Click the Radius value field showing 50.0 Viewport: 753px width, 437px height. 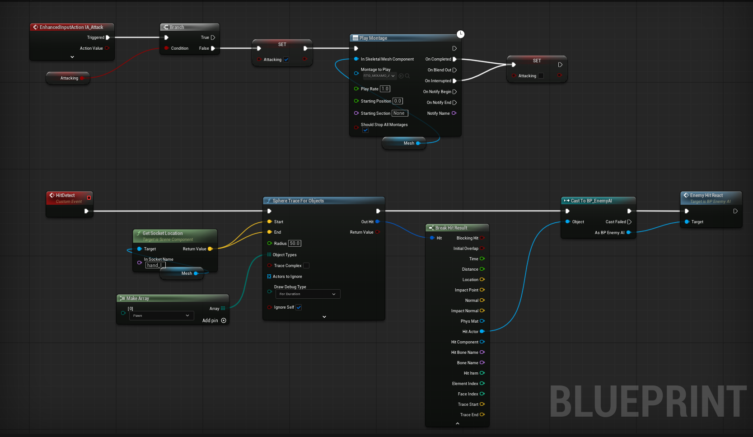(295, 243)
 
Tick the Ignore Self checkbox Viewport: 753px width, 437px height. (299, 307)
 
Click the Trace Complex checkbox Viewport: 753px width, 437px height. (306, 266)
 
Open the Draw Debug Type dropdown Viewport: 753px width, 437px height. (308, 294)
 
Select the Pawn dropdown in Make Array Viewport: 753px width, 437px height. (161, 315)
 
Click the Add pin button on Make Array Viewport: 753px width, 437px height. (223, 320)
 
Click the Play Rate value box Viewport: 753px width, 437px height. (385, 89)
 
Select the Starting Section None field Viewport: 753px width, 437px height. (400, 113)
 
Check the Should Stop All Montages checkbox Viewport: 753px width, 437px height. (365, 130)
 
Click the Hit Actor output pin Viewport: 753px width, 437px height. (482, 332)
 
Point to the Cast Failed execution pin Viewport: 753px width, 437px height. (629, 222)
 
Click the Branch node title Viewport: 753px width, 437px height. (177, 28)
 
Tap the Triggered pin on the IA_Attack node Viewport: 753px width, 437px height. (108, 38)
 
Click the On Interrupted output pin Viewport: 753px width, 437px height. (454, 81)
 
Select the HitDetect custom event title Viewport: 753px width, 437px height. (65, 196)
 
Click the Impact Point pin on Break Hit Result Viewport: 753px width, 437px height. (482, 290)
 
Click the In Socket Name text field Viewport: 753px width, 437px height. (155, 265)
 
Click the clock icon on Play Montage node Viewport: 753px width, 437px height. (460, 34)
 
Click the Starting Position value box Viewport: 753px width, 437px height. (398, 101)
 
